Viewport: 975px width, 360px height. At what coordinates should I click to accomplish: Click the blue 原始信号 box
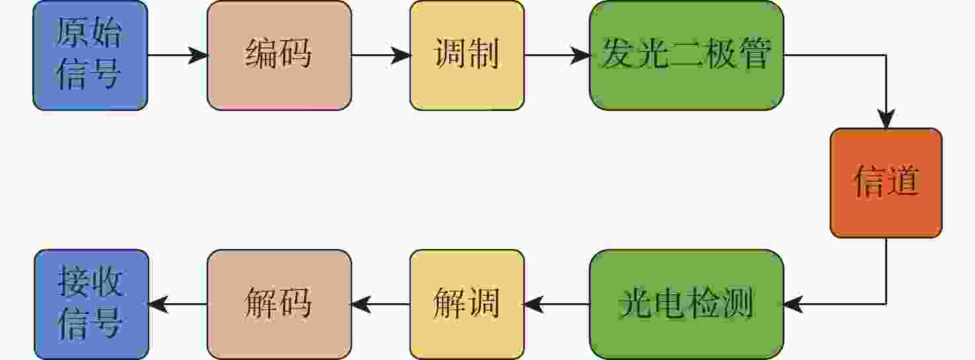click(90, 55)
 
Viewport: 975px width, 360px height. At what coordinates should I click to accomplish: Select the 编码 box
click(279, 55)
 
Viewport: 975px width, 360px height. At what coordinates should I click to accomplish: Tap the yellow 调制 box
click(467, 55)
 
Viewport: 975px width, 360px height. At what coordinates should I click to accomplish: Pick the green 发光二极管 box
click(686, 55)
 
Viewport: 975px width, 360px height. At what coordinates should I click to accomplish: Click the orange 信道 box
click(886, 183)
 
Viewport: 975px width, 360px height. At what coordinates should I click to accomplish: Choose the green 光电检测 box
click(686, 305)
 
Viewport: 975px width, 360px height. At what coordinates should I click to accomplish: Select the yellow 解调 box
click(467, 305)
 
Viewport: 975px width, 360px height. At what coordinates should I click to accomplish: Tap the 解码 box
click(279, 305)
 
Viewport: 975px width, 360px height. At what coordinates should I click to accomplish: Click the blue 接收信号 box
click(91, 305)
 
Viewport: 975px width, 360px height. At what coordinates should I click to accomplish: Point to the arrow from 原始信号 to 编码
click(178, 55)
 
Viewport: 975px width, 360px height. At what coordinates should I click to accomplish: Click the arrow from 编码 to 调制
click(381, 55)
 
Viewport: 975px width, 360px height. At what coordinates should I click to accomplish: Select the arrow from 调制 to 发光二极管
click(557, 55)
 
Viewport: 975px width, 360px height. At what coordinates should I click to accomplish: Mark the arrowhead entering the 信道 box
click(886, 120)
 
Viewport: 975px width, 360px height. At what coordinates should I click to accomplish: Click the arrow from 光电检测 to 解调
click(557, 305)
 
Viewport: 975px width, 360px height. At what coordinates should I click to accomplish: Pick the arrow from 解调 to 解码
click(380, 305)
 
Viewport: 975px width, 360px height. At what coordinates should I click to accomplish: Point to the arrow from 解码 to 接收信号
click(178, 305)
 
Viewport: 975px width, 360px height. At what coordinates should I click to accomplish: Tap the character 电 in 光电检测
click(669, 303)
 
